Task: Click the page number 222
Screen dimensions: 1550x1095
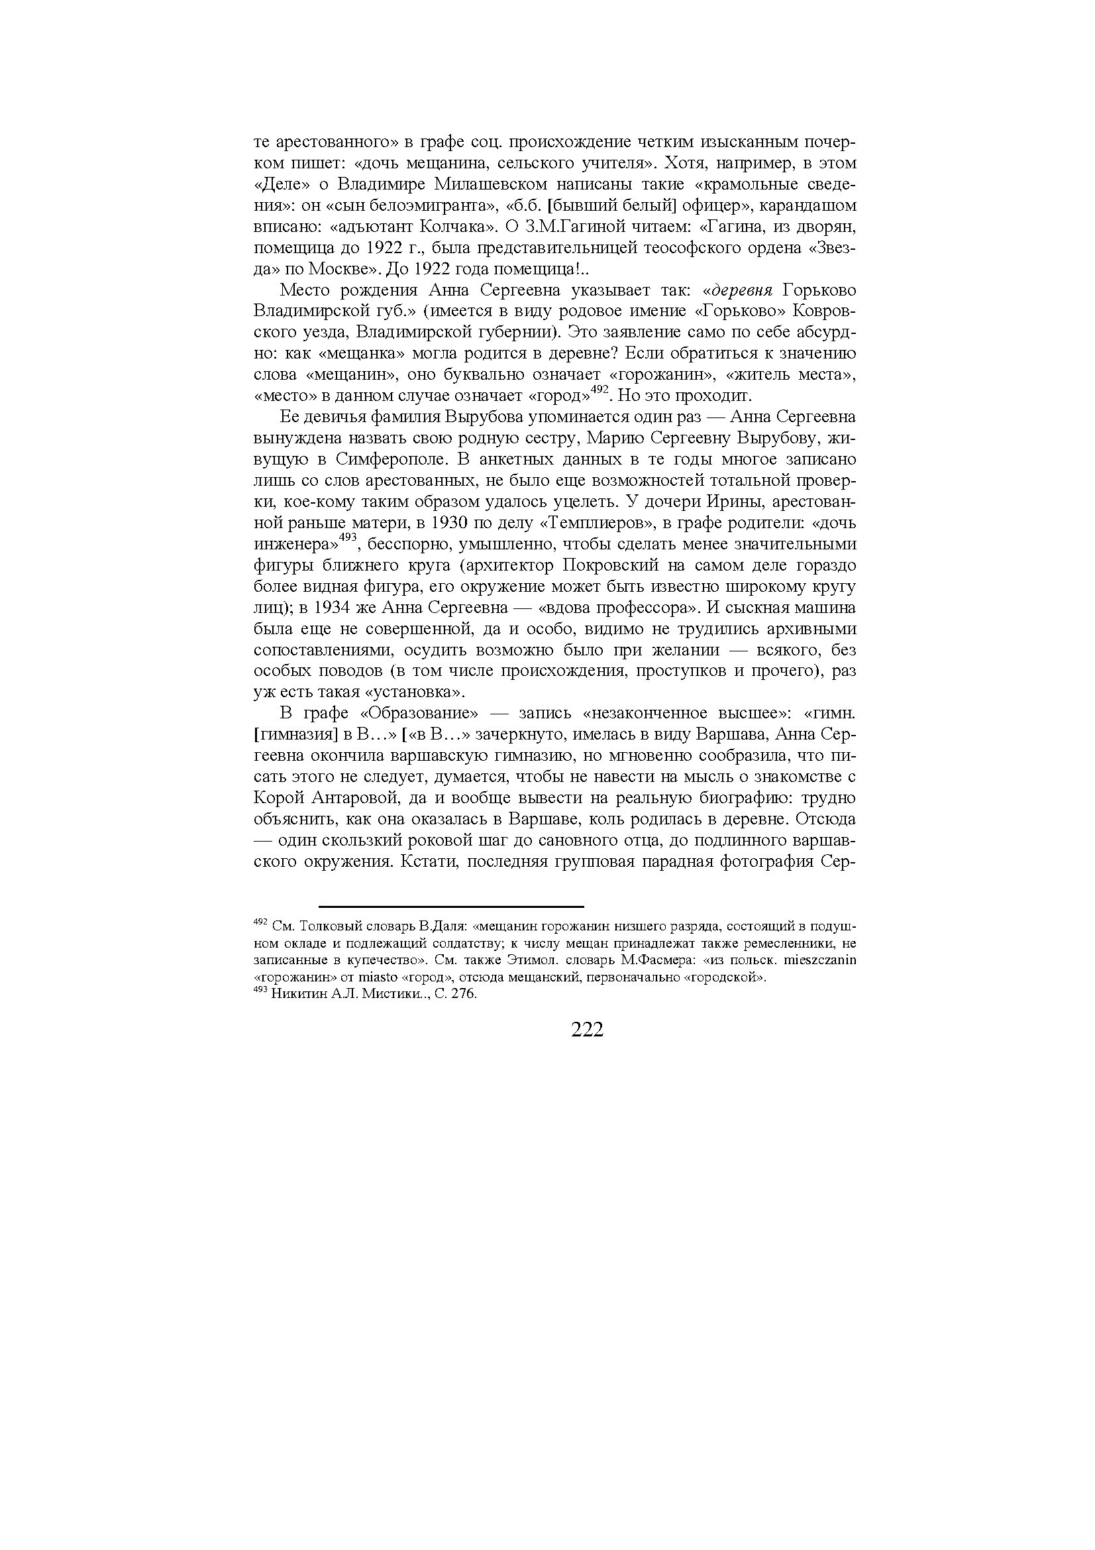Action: [x=586, y=1030]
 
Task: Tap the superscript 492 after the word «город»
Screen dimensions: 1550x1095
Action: [x=600, y=390]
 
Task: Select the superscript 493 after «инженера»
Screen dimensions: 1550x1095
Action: [x=347, y=537]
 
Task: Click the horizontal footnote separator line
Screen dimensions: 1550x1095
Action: [x=450, y=907]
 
